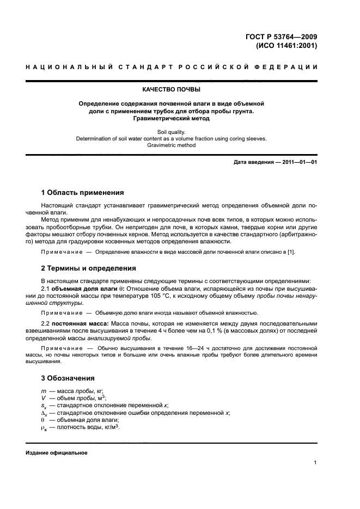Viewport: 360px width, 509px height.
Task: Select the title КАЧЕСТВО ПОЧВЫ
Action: tap(171, 89)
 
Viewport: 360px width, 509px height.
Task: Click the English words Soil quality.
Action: tap(171, 131)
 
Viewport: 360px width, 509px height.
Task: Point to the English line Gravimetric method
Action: tap(171, 145)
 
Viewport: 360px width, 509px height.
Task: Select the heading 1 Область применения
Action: tap(82, 193)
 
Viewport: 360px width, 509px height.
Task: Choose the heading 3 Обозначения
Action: tap(68, 378)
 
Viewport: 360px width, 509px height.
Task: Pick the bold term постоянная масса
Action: tap(74, 323)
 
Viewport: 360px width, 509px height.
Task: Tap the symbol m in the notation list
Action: tap(44, 391)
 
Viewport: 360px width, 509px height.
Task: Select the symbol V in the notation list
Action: tap(44, 398)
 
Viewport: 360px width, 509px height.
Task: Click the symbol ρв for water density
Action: tap(45, 427)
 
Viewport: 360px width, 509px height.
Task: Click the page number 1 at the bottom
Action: tap(315, 463)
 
